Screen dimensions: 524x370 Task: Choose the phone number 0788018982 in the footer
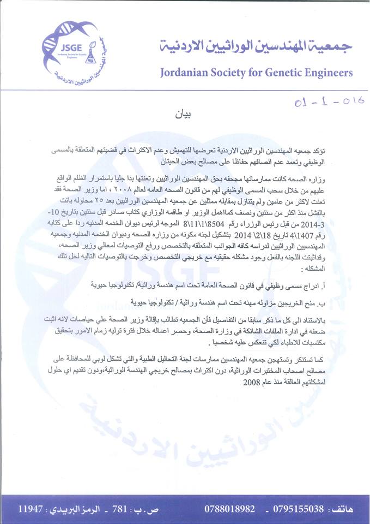[229, 509]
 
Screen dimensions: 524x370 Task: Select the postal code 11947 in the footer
[31, 509]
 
